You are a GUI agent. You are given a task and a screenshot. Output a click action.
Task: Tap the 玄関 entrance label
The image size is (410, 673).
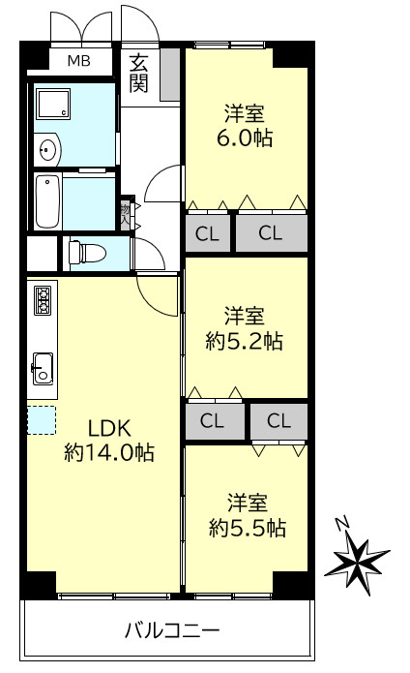138,74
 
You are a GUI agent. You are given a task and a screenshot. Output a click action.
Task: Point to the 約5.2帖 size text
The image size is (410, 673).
245,341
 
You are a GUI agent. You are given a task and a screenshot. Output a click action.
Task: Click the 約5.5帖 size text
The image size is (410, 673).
248,528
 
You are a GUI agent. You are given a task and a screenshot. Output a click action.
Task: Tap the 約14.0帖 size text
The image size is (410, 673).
109,451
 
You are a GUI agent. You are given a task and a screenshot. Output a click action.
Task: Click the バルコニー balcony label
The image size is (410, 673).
172,630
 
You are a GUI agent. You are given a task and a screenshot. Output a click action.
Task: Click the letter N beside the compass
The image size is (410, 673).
341,523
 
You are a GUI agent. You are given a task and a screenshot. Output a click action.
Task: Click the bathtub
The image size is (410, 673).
48,201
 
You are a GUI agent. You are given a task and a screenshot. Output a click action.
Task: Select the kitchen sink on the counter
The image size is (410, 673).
44,368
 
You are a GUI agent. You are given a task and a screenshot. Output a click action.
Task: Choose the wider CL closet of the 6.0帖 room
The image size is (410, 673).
271,232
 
